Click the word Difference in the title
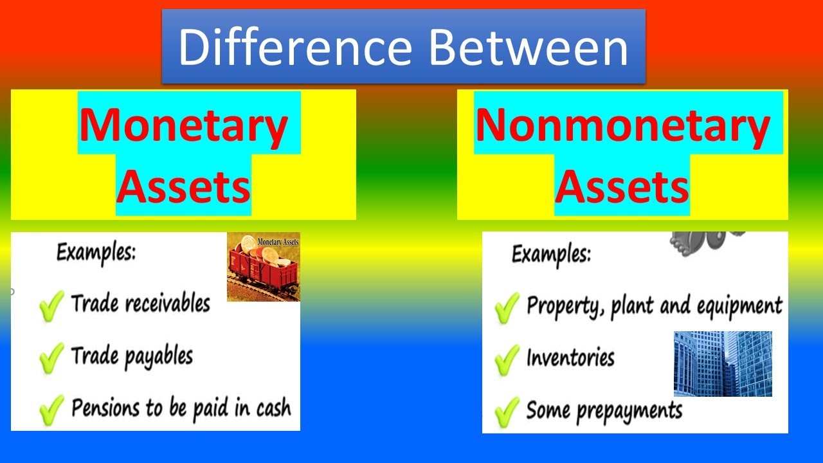pos(295,48)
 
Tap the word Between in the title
pos(529,48)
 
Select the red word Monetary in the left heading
pos(183,125)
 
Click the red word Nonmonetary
pos(622,125)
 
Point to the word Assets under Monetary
pos(183,187)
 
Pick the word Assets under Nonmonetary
pos(622,187)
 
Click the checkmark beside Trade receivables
pos(51,305)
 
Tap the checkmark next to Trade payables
pos(51,358)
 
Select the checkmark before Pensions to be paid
pos(51,410)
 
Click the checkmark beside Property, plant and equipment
pos(507,307)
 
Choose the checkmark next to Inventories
pos(507,359)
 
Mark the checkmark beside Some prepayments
pos(507,412)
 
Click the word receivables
pos(168,304)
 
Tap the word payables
pos(158,357)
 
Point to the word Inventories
pos(570,357)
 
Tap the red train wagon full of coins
pos(264,267)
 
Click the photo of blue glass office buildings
pos(723,364)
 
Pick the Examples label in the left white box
pos(96,253)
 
